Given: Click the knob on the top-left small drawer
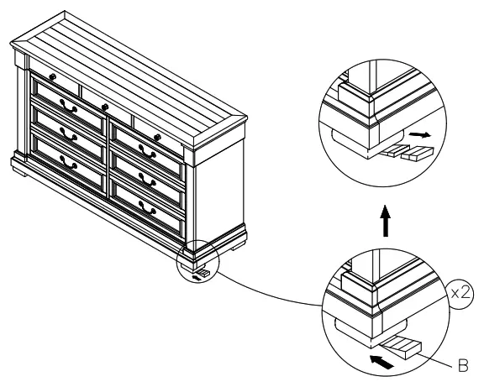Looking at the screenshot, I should pyautogui.click(x=52, y=77).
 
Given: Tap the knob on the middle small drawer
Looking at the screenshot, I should pyautogui.click(x=105, y=107).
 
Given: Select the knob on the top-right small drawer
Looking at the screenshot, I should pyautogui.click(x=157, y=138).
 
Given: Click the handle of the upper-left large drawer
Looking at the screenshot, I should pyautogui.click(x=68, y=107).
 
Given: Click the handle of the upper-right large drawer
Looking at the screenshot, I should pyautogui.click(x=146, y=151).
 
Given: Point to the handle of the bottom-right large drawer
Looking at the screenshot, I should pyautogui.click(x=148, y=208).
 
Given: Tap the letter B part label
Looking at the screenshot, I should pyautogui.click(x=461, y=365).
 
